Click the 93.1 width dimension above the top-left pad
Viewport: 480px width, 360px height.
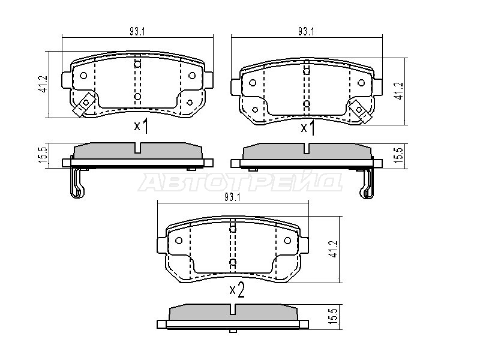(137, 32)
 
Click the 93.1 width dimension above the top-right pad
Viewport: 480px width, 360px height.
(306, 32)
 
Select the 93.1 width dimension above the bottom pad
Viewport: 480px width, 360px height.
(232, 197)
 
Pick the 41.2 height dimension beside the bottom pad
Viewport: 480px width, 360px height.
(334, 248)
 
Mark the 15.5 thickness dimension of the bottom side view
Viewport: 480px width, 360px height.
(334, 317)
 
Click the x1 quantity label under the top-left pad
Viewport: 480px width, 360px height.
(141, 126)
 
